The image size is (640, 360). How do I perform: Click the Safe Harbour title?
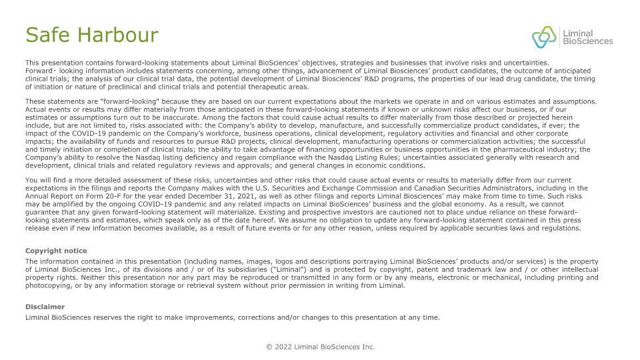pyautogui.click(x=91, y=35)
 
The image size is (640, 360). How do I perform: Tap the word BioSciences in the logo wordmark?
pyautogui.click(x=587, y=41)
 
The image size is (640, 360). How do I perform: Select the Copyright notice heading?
pyautogui.click(x=56, y=251)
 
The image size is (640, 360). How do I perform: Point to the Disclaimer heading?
pyautogui.click(x=45, y=307)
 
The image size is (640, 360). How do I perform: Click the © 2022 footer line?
pyautogui.click(x=320, y=347)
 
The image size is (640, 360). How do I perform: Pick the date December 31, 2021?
pyautogui.click(x=231, y=196)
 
